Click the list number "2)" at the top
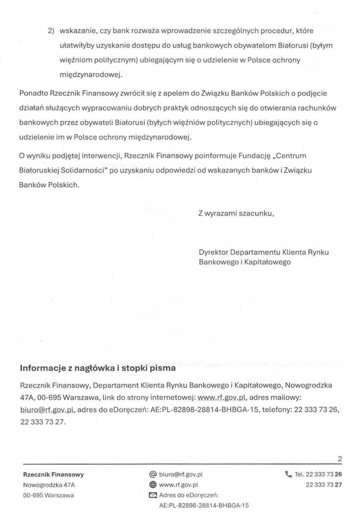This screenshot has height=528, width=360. click(51, 31)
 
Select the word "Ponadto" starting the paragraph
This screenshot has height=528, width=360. click(34, 93)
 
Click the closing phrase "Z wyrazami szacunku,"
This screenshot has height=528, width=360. click(236, 214)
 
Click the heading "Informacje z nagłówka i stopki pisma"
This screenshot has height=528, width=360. click(98, 368)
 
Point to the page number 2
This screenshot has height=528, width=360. click(340, 459)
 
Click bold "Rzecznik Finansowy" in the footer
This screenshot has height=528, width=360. click(54, 475)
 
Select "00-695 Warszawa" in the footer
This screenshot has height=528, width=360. click(48, 495)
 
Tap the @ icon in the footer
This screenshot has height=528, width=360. click(153, 474)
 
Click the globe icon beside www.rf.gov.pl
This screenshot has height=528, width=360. click(153, 485)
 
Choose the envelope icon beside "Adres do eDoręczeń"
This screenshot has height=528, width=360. click(153, 495)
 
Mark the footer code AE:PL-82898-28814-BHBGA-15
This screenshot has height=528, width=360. click(204, 505)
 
